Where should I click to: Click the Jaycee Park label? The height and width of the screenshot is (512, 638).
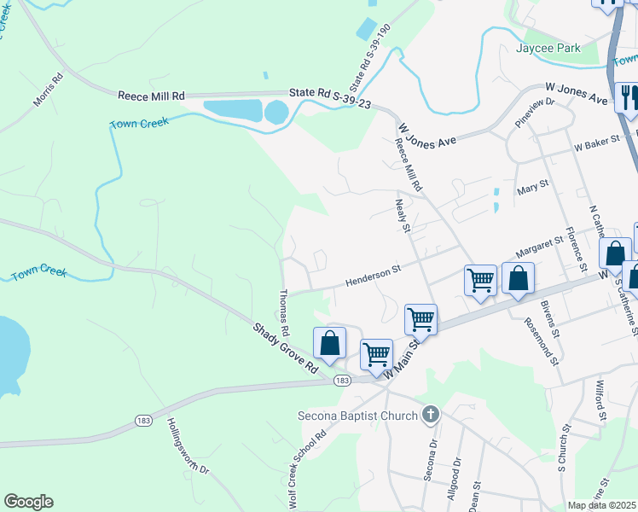pos(548,49)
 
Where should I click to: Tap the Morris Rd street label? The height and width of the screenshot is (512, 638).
pos(49,90)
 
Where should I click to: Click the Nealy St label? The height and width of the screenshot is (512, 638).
pos(403,216)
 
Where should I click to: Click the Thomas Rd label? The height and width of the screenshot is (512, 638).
pos(284,312)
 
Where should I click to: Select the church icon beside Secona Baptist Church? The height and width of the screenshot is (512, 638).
pos(431,416)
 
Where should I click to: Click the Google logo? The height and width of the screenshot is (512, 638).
pos(28,502)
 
